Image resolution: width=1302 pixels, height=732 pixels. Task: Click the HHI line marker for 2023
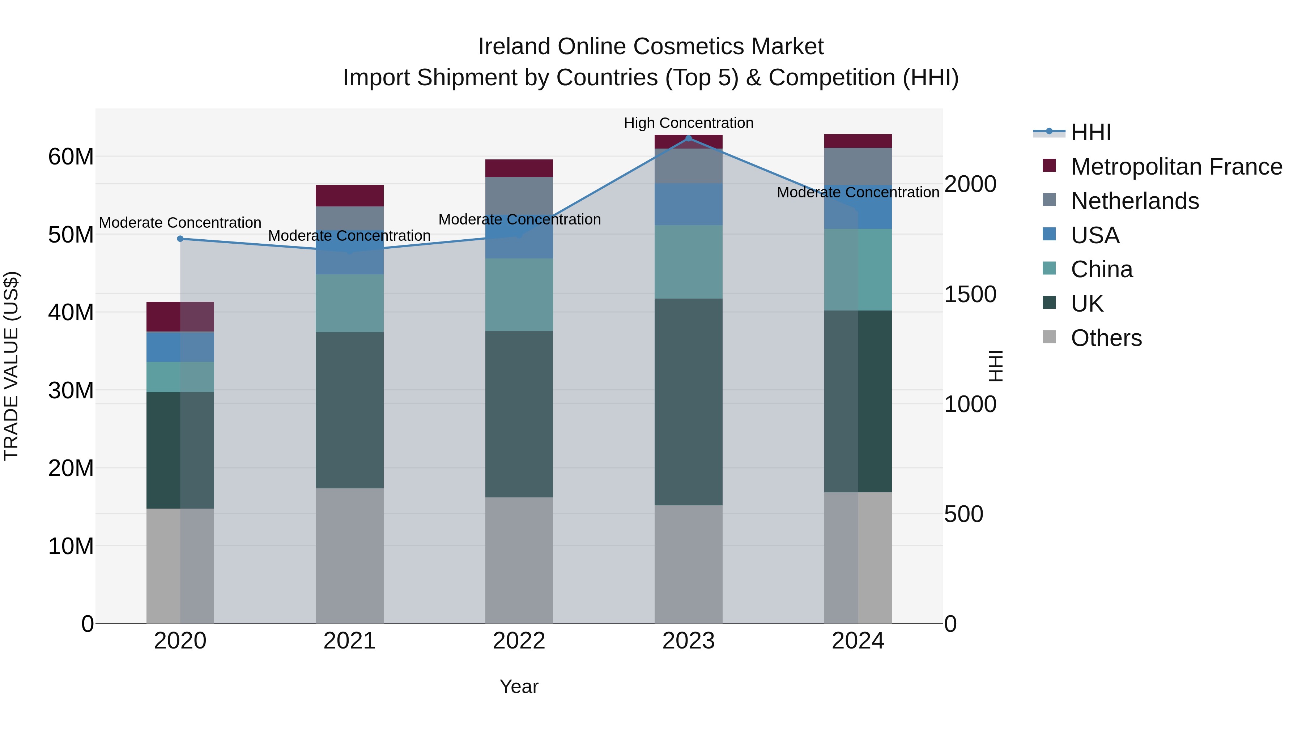coord(688,138)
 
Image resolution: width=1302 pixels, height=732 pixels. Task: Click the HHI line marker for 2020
coord(180,239)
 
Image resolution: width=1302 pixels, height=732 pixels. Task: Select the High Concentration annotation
coord(688,123)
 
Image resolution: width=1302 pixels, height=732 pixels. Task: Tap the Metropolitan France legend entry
coord(1176,167)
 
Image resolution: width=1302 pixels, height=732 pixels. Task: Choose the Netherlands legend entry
coord(1135,201)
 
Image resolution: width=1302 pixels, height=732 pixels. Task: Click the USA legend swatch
coord(1049,234)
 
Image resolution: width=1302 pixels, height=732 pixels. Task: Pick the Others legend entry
coord(1106,338)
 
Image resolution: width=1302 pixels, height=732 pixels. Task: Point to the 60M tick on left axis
coord(71,157)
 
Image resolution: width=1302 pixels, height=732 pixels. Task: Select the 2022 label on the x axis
coord(519,641)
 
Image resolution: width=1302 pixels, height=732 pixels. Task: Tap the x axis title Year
coord(519,686)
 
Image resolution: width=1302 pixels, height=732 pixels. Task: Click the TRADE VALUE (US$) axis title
coord(11,366)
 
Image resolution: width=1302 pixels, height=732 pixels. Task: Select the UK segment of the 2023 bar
coord(688,402)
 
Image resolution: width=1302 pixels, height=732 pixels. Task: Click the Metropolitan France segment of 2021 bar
coord(350,196)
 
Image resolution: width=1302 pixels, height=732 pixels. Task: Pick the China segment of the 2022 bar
coord(519,295)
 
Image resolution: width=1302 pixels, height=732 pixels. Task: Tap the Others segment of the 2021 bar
coord(350,556)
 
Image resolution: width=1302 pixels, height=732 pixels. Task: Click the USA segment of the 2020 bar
coord(180,347)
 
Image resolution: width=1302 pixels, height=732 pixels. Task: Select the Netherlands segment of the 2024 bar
coord(858,166)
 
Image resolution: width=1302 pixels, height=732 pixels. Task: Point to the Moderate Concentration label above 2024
coord(858,192)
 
